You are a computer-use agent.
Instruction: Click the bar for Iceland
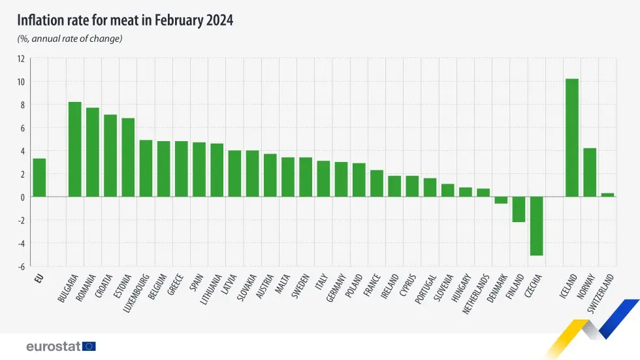[x=571, y=138]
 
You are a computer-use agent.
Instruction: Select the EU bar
[x=39, y=178]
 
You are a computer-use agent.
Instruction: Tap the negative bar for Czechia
[x=536, y=226]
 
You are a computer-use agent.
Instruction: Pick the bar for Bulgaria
[x=74, y=150]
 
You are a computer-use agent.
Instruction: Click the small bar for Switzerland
[x=607, y=195]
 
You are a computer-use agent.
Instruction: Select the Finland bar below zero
[x=519, y=210]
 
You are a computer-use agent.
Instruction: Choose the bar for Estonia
[x=128, y=157]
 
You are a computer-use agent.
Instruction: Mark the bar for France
[x=376, y=184]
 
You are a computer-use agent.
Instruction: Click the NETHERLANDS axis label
[x=476, y=294]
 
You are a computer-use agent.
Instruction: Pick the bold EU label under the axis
[x=39, y=278]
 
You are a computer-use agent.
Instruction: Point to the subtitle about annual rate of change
[x=70, y=39]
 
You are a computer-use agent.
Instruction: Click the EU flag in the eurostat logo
[x=89, y=346]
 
